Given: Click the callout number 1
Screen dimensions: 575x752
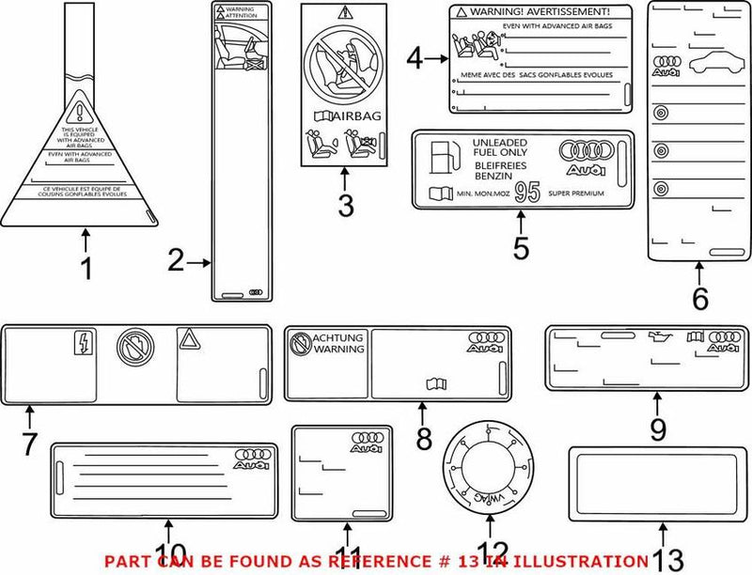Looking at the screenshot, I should [x=86, y=270].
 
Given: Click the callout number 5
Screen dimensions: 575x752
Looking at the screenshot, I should [x=521, y=250].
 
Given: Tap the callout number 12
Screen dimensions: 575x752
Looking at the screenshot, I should [x=493, y=554].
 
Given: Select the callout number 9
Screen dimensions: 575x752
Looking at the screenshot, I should [x=657, y=429].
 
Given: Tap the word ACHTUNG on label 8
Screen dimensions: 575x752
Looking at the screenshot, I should [x=337, y=336].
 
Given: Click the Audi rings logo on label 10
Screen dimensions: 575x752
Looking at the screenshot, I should [x=252, y=459].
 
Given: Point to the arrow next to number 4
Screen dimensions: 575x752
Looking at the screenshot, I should [x=434, y=59].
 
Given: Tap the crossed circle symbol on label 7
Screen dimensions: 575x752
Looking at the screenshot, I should [x=131, y=347].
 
